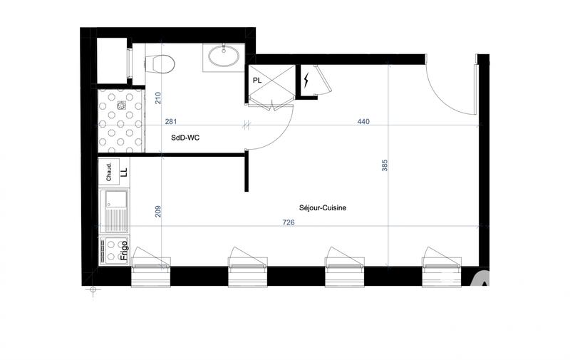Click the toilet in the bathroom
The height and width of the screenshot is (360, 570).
click(x=162, y=63)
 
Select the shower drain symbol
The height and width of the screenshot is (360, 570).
click(x=122, y=106)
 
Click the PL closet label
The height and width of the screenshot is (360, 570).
click(x=257, y=81)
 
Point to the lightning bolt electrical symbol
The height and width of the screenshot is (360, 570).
click(x=306, y=81)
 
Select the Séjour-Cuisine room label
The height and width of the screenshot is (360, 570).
click(x=323, y=207)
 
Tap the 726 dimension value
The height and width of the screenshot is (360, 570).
click(x=288, y=222)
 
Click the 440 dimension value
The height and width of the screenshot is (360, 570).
click(x=363, y=122)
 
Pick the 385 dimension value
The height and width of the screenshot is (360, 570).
click(x=385, y=166)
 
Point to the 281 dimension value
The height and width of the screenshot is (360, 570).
click(x=171, y=122)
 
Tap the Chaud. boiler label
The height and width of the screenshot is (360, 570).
click(x=110, y=172)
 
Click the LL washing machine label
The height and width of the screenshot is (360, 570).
click(x=123, y=172)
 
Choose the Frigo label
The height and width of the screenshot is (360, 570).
click(x=124, y=250)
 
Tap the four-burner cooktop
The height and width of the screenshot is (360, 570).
click(x=110, y=250)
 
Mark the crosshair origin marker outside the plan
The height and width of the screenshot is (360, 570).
click(x=92, y=289)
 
